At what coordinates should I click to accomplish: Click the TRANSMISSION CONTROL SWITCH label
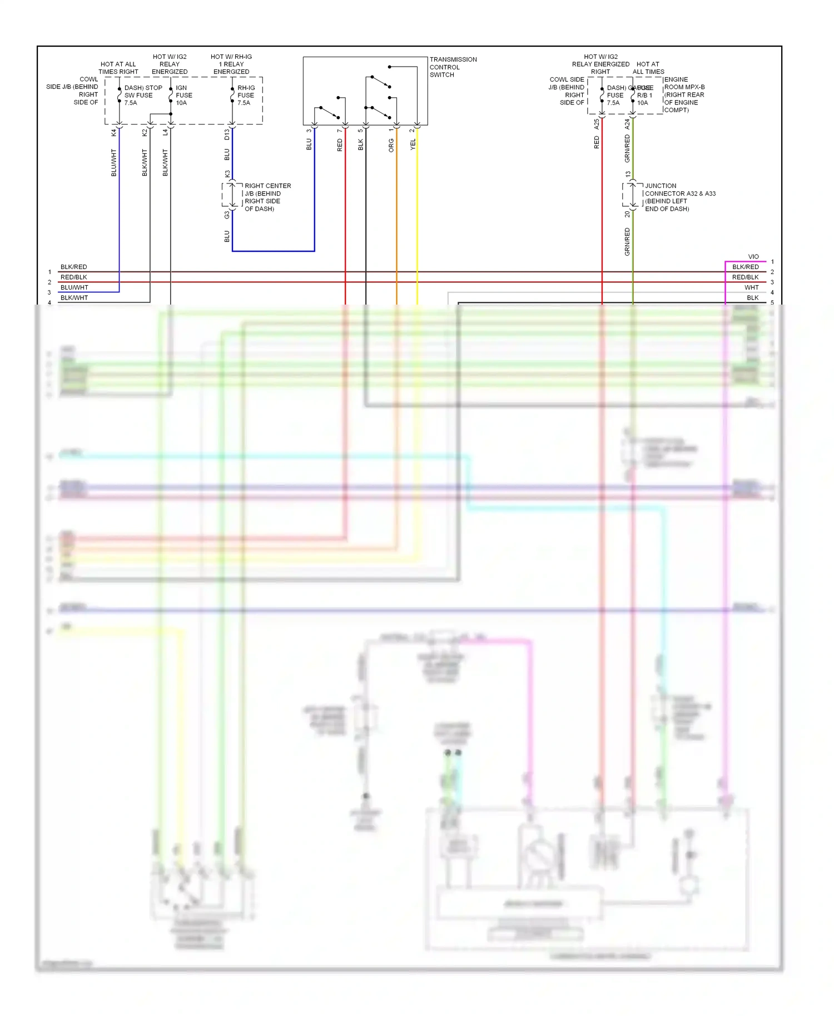click(x=453, y=67)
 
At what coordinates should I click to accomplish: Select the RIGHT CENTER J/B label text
click(x=267, y=197)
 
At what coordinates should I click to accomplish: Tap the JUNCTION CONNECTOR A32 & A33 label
click(x=679, y=197)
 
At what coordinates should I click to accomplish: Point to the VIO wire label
click(x=753, y=257)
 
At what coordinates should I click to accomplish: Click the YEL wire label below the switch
click(x=413, y=145)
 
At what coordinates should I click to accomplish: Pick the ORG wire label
click(x=391, y=146)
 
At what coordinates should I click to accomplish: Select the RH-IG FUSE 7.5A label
click(x=246, y=95)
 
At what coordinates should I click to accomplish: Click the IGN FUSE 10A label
click(x=183, y=95)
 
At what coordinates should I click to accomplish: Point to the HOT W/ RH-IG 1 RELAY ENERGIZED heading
click(x=231, y=64)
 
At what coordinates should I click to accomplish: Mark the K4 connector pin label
click(x=113, y=132)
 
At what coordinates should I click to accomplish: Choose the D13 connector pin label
click(x=227, y=134)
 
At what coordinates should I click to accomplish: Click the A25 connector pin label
click(x=597, y=124)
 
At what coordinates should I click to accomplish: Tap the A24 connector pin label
click(x=627, y=124)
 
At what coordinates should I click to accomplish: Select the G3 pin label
click(x=227, y=215)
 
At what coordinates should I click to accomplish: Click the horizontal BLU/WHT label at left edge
click(x=74, y=287)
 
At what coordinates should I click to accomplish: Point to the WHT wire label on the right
click(x=751, y=287)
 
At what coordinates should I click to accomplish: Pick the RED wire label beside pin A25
click(x=597, y=142)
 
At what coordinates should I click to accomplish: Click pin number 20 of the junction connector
click(x=627, y=214)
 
